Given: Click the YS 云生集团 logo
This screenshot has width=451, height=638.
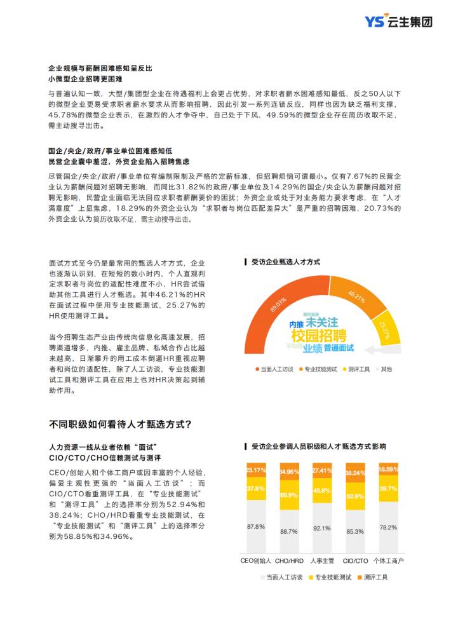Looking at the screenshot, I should click(398, 22).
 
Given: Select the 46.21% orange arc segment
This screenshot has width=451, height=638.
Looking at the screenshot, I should click(356, 297).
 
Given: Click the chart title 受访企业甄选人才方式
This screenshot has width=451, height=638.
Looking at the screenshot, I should click(285, 261).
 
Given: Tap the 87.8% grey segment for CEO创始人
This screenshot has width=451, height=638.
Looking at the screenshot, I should click(256, 526).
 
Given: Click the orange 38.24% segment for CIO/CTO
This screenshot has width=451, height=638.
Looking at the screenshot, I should click(354, 473).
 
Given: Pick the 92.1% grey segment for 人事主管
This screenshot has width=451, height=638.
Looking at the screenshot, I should click(322, 527).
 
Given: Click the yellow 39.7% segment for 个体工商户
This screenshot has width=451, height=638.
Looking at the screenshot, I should click(387, 488).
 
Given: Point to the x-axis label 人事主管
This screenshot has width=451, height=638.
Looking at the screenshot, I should click(322, 560).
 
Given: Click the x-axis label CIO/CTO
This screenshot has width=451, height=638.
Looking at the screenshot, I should click(355, 560).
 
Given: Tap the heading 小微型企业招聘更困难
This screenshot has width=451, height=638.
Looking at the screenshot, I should click(86, 79).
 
